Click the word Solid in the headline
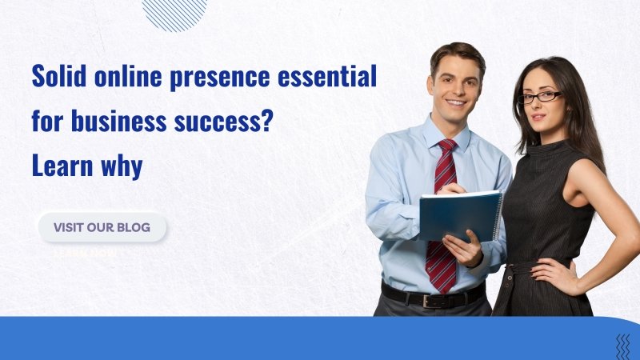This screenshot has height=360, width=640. (x=55, y=77)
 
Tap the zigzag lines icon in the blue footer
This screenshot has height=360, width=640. (x=622, y=346)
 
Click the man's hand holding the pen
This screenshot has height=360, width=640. (x=452, y=188)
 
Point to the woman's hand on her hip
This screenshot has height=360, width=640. (x=551, y=275)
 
